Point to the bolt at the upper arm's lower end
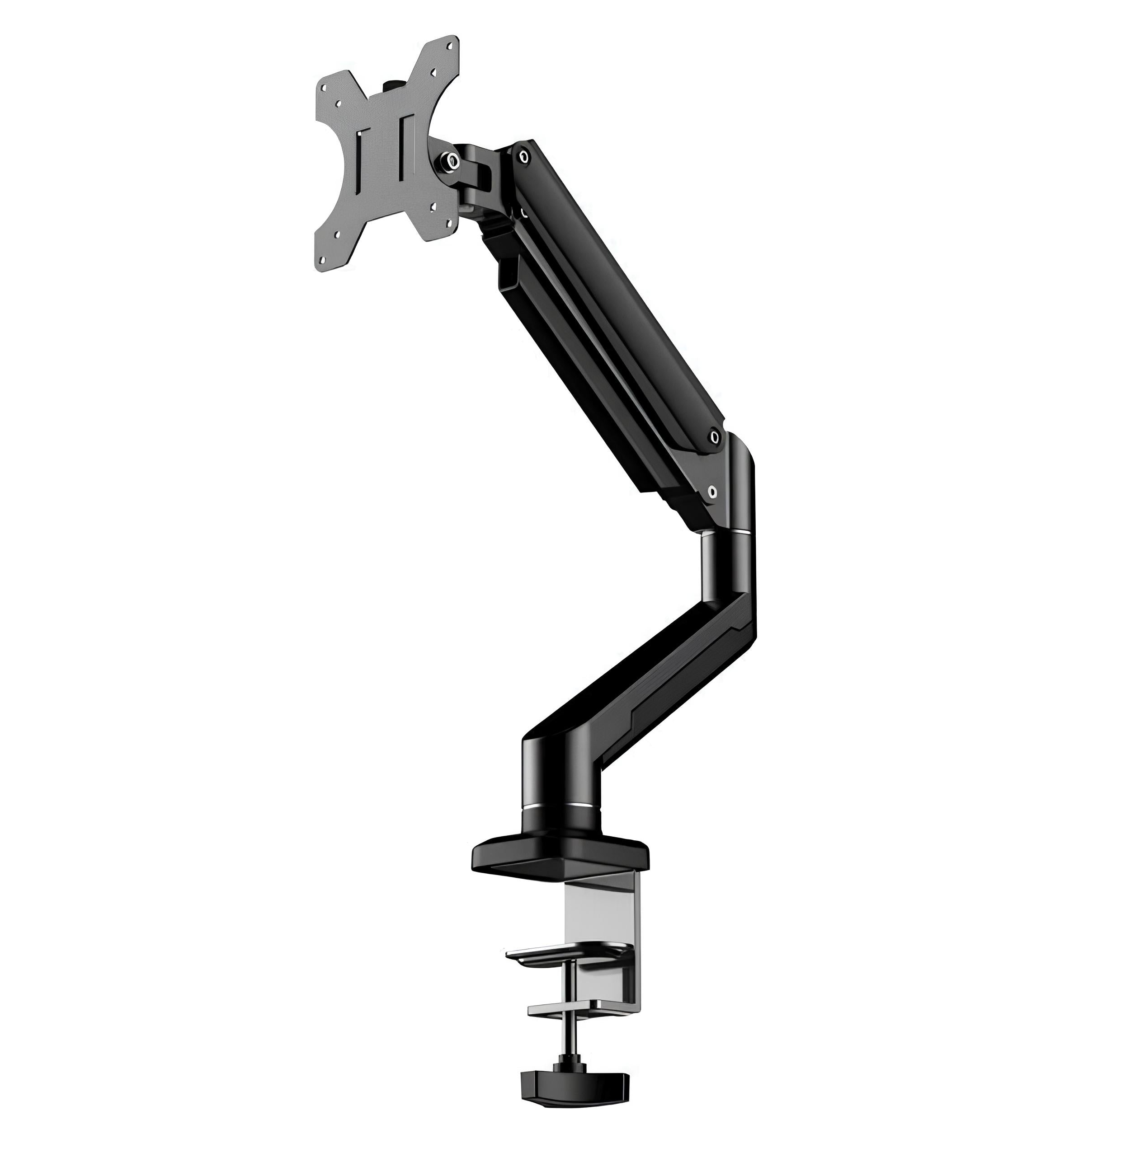pos(715,438)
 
